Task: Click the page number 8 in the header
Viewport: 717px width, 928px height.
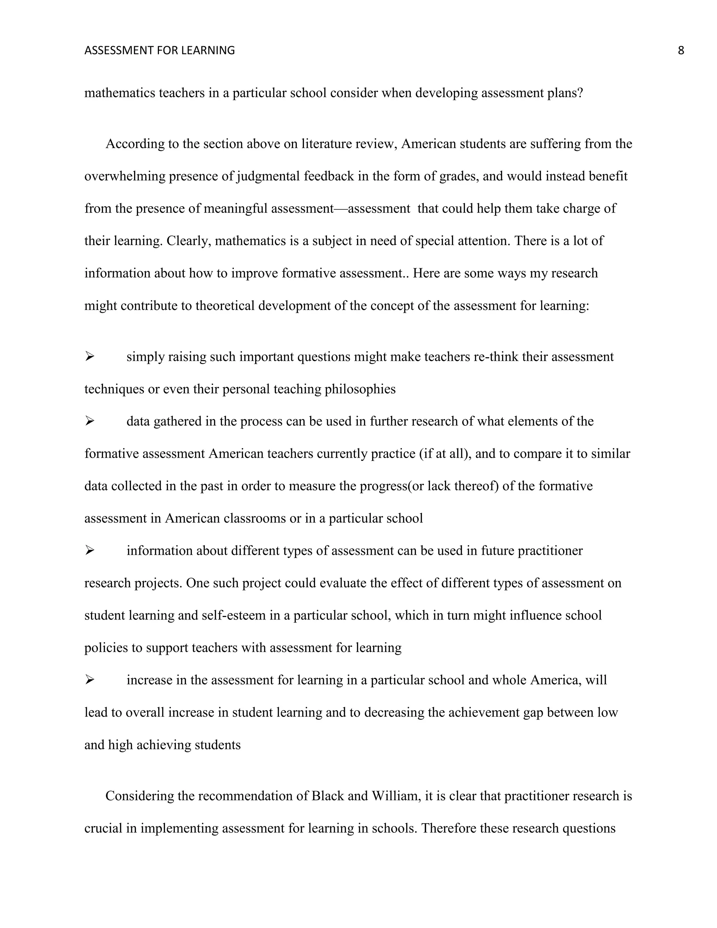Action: tap(681, 50)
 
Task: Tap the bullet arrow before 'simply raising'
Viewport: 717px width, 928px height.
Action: tap(89, 356)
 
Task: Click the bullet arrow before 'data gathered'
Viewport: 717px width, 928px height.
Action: tap(89, 421)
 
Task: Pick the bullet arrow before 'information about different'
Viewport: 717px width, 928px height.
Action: tap(89, 550)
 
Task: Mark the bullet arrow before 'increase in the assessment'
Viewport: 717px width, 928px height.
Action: tap(89, 680)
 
